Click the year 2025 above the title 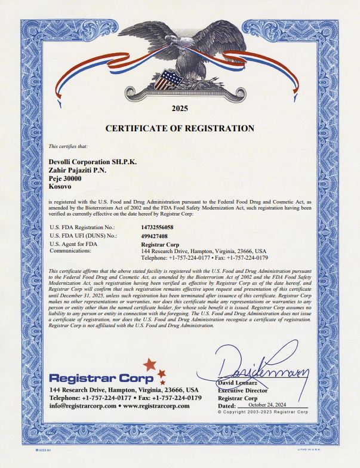pyautogui.click(x=180, y=109)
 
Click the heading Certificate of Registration pyautogui.click(x=180, y=128)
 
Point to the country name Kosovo pyautogui.click(x=60, y=187)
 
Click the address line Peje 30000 pyautogui.click(x=64, y=178)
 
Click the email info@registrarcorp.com pyautogui.click(x=83, y=406)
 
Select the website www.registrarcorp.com pyautogui.click(x=156, y=406)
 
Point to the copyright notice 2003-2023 pyautogui.click(x=263, y=412)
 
